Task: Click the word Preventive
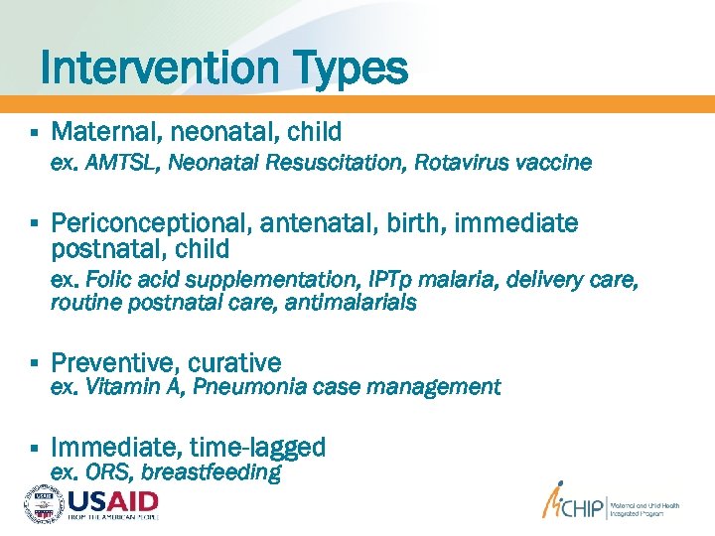pyautogui.click(x=109, y=363)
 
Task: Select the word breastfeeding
pyautogui.click(x=212, y=471)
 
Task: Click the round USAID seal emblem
pyautogui.click(x=43, y=503)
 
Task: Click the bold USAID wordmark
pyautogui.click(x=112, y=500)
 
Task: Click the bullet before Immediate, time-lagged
pyautogui.click(x=34, y=449)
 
